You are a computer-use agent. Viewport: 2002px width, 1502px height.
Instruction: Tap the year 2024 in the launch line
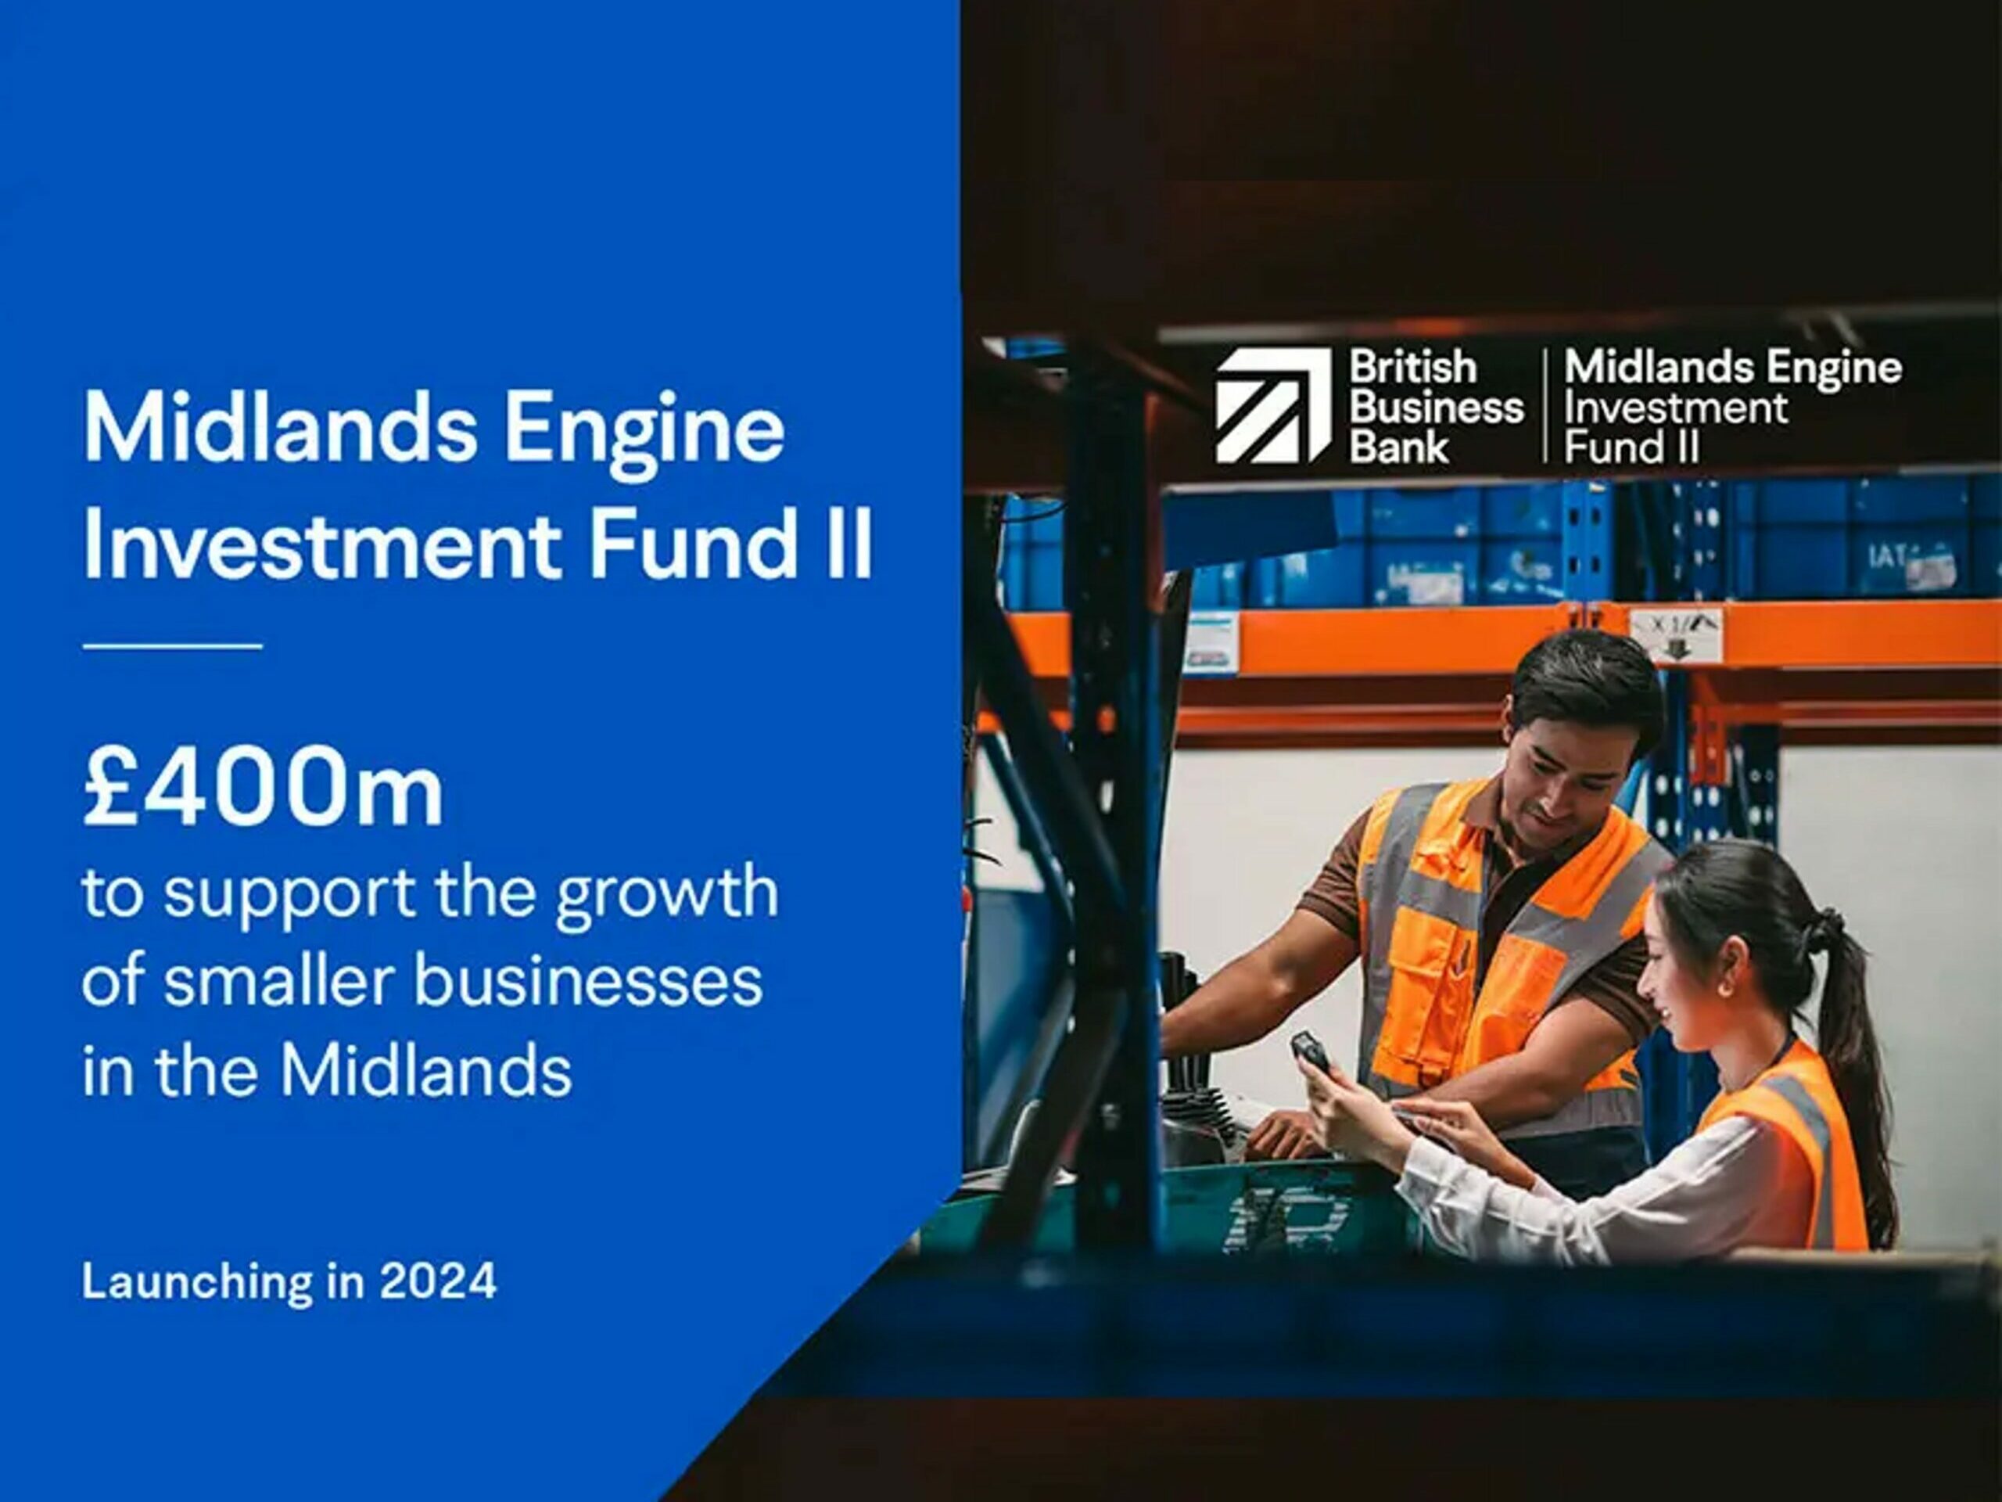pos(438,1281)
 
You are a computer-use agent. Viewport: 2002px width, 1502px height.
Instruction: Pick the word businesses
pos(588,982)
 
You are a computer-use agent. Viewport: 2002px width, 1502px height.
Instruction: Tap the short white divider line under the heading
pos(172,646)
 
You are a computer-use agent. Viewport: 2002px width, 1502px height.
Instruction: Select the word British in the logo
pos(1413,368)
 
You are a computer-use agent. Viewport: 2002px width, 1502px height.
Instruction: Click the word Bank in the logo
pos(1399,447)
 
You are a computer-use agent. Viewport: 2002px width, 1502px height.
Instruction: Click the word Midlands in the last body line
pos(426,1071)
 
